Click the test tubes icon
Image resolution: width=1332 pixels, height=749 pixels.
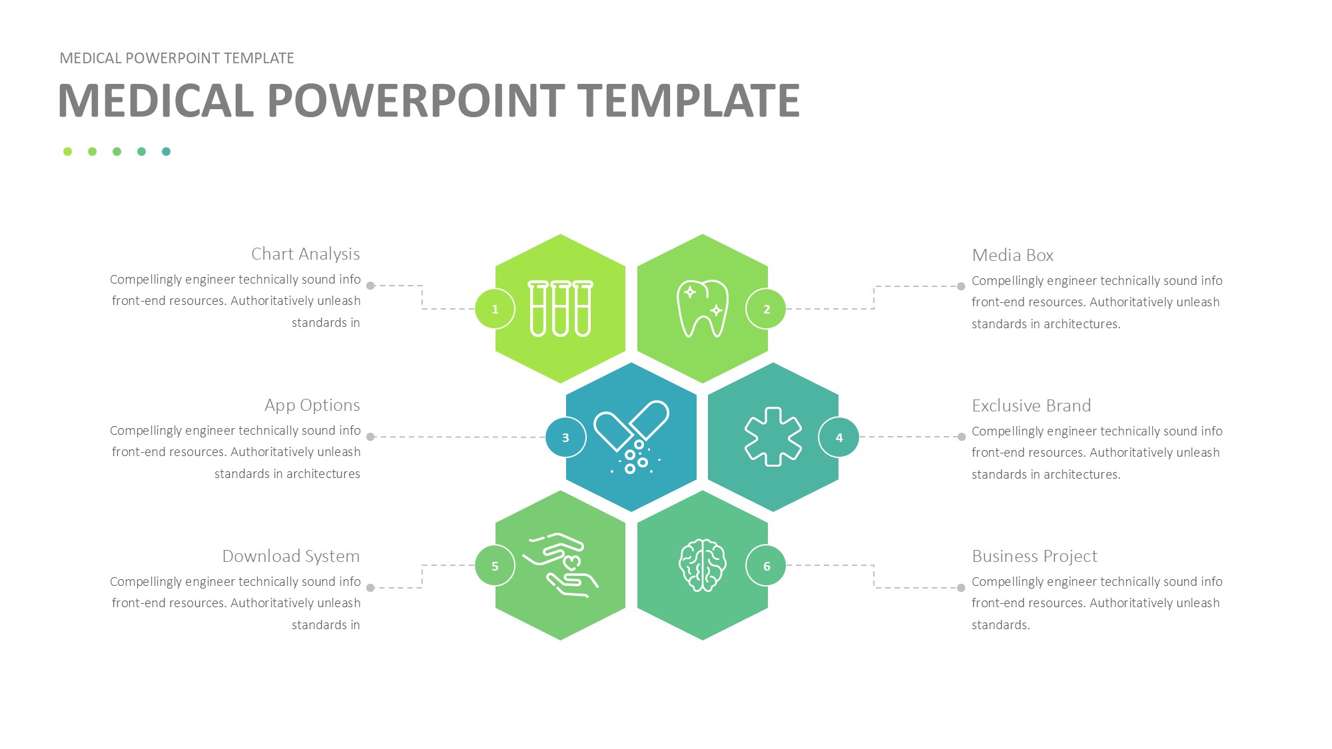coord(560,308)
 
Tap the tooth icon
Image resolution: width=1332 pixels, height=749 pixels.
coord(703,308)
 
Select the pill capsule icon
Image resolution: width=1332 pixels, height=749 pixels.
coord(631,437)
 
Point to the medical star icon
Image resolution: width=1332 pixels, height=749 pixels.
coord(773,437)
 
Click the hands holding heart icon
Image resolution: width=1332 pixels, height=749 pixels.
coord(560,565)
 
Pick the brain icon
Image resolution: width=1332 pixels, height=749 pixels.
coord(703,565)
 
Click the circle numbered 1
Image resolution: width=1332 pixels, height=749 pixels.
coord(495,309)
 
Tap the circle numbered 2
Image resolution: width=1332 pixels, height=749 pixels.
coord(766,309)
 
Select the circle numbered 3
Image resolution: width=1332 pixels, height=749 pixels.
coord(565,437)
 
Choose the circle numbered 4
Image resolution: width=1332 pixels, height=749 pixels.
coord(838,437)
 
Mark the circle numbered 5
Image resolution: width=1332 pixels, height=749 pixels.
coord(495,566)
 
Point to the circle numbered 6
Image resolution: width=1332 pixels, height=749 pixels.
coord(766,566)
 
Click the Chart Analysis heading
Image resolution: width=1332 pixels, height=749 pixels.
coord(306,254)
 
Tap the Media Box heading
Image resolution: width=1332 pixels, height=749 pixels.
coord(1012,255)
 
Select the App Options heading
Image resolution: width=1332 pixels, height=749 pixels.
coord(312,405)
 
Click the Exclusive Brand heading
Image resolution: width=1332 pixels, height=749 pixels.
coord(1031,405)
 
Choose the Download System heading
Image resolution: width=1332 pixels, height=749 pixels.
coord(291,557)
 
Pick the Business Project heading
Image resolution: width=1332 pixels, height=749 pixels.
coord(1034,557)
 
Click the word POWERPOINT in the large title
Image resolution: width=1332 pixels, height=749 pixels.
coord(416,101)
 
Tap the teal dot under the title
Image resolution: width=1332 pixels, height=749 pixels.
coord(166,152)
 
